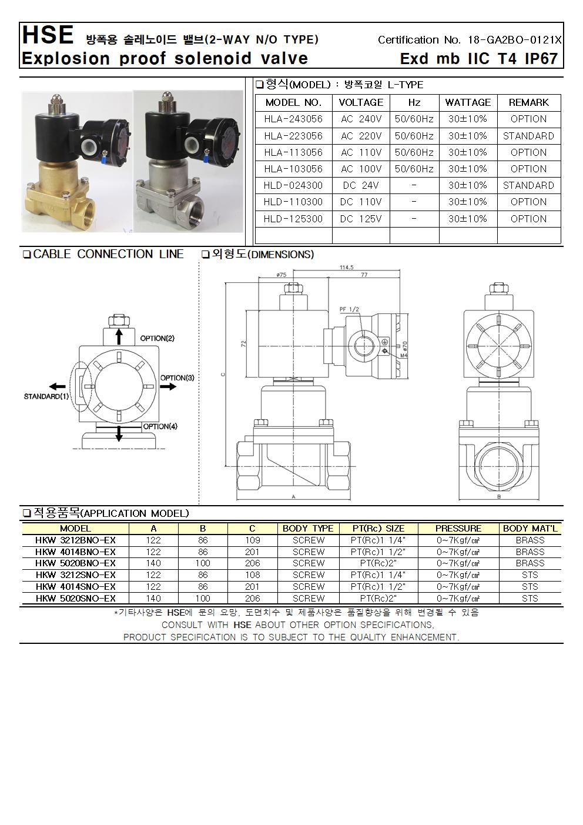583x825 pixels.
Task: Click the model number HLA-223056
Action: (293, 136)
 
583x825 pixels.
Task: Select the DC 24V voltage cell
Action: (361, 185)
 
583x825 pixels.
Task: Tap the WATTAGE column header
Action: (468, 102)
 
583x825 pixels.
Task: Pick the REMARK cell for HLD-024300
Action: (528, 185)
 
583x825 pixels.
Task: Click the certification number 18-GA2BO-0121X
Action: (515, 40)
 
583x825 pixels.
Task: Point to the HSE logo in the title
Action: (47, 36)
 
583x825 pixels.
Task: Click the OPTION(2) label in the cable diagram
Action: (157, 339)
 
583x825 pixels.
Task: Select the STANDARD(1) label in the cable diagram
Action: (46, 396)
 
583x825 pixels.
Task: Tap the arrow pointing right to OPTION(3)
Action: (168, 386)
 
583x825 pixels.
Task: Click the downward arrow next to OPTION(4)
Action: (119, 434)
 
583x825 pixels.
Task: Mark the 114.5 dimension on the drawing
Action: (347, 268)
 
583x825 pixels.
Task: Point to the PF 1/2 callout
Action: (349, 309)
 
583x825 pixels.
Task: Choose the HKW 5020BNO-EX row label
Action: (75, 563)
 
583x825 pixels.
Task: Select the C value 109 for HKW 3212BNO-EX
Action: (252, 540)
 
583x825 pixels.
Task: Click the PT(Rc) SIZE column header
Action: (378, 528)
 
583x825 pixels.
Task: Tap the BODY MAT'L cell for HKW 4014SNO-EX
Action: (530, 586)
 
